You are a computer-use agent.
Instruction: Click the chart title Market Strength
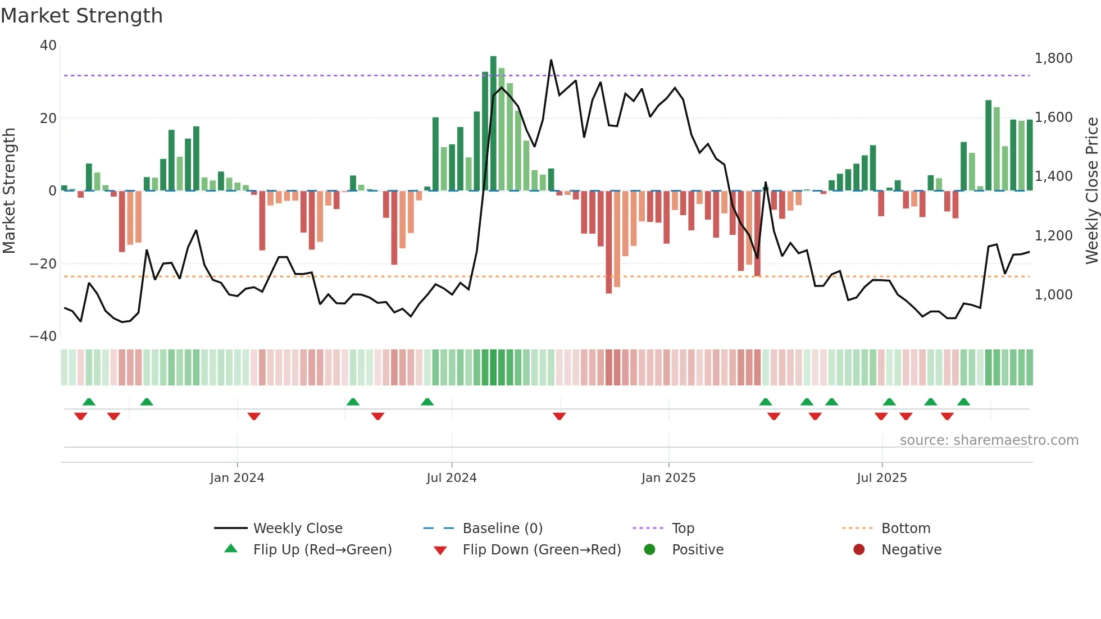click(x=81, y=16)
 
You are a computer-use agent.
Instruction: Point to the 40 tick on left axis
click(x=48, y=45)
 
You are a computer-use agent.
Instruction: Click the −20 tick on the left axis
click(x=43, y=263)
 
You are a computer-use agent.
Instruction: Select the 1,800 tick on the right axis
click(x=1053, y=58)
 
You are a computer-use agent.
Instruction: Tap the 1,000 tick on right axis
click(x=1053, y=295)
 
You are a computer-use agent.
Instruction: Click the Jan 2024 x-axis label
click(x=236, y=478)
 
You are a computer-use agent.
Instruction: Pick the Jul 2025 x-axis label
click(x=881, y=478)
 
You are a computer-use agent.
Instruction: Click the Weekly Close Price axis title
click(x=1091, y=191)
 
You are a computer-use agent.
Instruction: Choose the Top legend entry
click(x=683, y=529)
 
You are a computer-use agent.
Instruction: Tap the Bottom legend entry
click(x=906, y=529)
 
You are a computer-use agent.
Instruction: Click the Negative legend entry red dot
click(x=859, y=550)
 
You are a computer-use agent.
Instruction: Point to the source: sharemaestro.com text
click(x=989, y=440)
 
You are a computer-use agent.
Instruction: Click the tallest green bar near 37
click(x=493, y=124)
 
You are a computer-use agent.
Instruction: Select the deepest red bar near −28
click(x=609, y=242)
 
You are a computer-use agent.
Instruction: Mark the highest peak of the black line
click(x=551, y=60)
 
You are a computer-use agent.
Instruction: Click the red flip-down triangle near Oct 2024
click(x=559, y=416)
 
